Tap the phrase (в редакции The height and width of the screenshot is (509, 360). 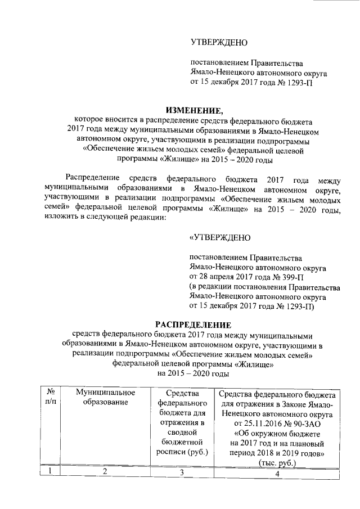coord(213,287)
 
